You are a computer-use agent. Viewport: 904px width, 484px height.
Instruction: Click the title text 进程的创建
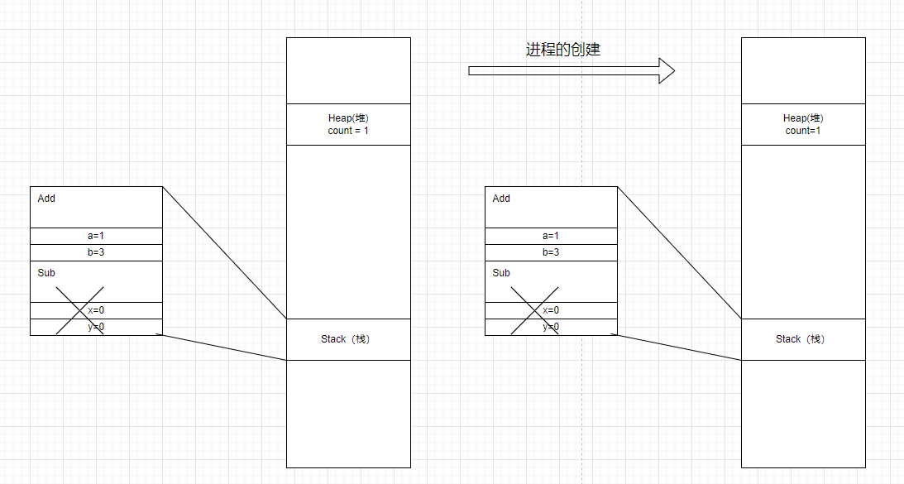[x=563, y=50]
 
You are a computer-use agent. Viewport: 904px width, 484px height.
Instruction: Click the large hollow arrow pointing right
[x=572, y=70]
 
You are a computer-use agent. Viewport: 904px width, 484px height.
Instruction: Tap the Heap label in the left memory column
[x=348, y=118]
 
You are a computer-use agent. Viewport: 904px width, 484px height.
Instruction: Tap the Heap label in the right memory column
[x=803, y=118]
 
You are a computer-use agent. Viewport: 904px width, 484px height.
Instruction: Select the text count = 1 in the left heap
[x=348, y=131]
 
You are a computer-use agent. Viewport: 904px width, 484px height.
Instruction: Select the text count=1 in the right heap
[x=803, y=131]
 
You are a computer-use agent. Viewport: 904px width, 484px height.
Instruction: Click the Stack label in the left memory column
[x=345, y=339]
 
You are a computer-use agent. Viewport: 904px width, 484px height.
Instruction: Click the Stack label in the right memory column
[x=800, y=339]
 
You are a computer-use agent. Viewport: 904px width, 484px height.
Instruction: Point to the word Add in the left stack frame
[x=46, y=199]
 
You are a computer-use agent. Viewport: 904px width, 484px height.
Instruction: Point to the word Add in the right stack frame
[x=501, y=199]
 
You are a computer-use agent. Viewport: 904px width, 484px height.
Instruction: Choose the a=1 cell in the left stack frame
[x=96, y=236]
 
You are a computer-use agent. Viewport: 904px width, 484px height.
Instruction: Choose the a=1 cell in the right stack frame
[x=551, y=236]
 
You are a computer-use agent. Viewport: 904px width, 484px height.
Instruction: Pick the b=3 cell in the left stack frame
[x=96, y=252]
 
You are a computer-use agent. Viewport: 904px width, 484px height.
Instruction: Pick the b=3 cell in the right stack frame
[x=551, y=252]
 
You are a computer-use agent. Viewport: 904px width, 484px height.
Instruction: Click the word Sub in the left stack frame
[x=46, y=273]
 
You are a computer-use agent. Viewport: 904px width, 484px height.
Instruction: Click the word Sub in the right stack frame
[x=501, y=273]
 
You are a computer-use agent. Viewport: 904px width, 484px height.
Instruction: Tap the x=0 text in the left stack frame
[x=96, y=310]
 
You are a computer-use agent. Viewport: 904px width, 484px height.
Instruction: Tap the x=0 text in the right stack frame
[x=551, y=310]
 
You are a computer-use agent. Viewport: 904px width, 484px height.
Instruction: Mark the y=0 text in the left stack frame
[x=96, y=327]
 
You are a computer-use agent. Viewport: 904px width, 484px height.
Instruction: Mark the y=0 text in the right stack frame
[x=551, y=327]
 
